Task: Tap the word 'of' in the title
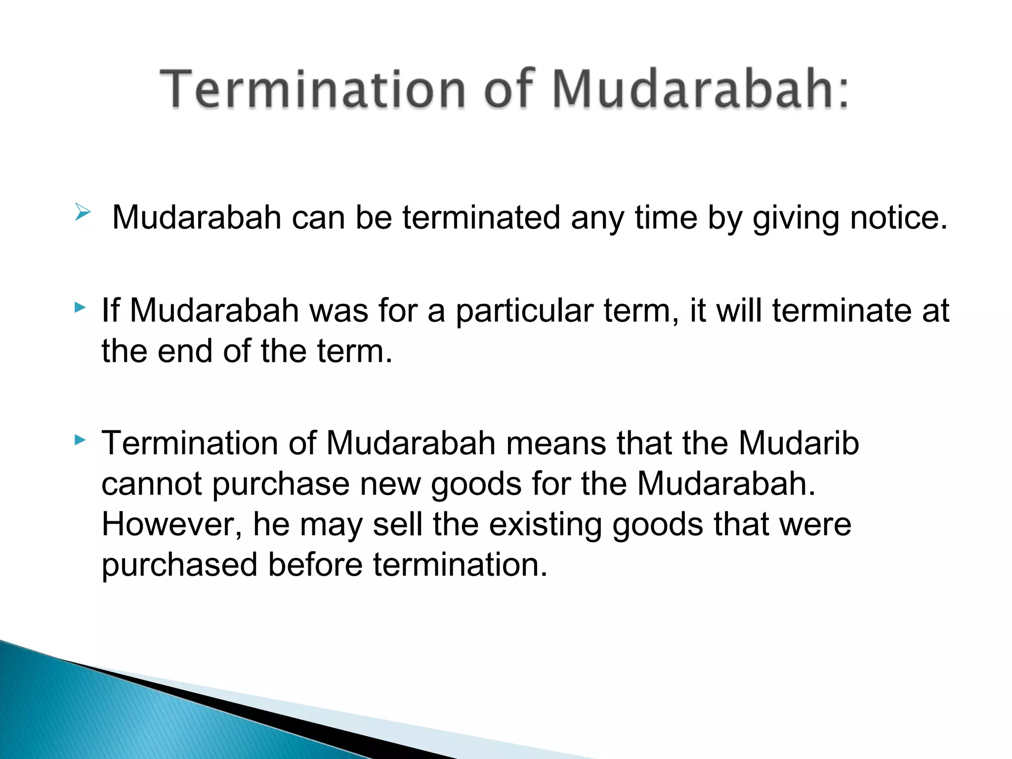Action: click(x=509, y=89)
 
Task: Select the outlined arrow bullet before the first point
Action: click(x=83, y=213)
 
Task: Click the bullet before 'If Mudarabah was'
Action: click(x=80, y=308)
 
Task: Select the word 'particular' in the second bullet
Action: click(x=524, y=311)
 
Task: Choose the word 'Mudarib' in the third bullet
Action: click(x=799, y=443)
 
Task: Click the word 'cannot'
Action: click(x=151, y=484)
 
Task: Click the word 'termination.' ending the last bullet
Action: click(x=460, y=565)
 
